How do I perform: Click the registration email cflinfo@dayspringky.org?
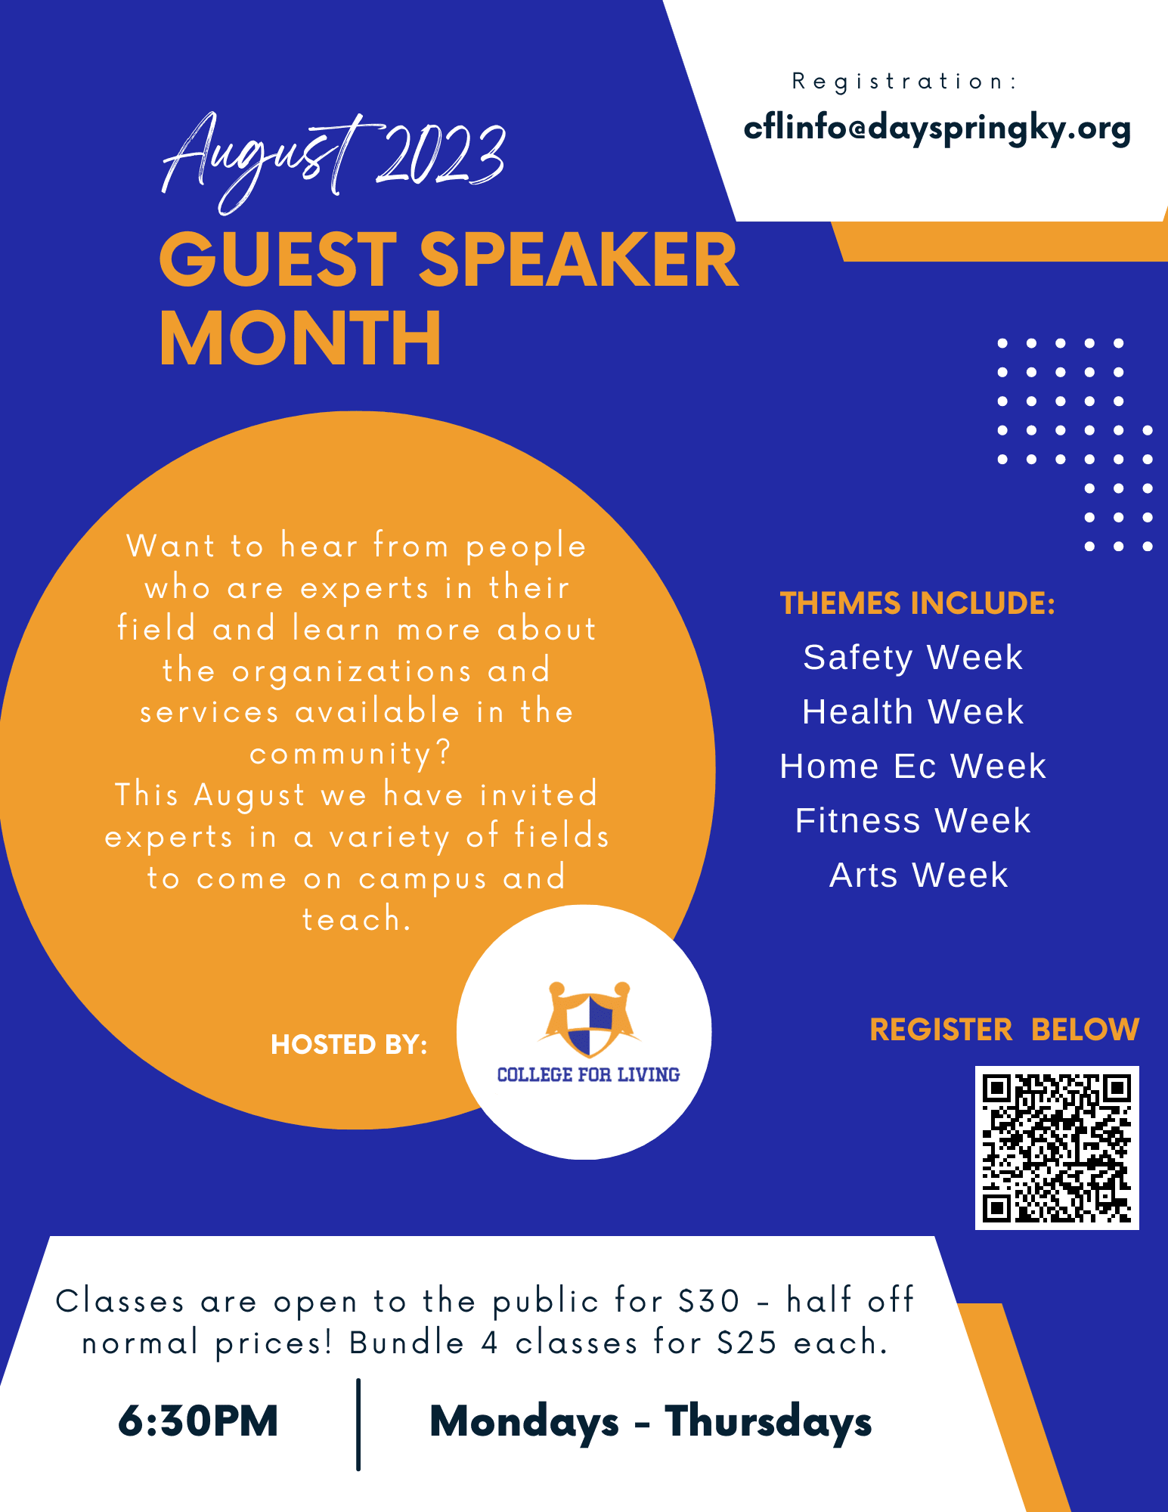pos(937,129)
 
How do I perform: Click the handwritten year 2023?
pos(441,155)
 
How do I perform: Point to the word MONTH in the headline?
pos(300,338)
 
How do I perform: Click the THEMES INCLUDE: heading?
pos(917,603)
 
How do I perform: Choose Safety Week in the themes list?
pos(913,657)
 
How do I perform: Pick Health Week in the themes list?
pos(913,711)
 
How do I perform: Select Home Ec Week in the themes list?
pos(913,766)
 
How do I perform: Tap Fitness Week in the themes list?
pos(913,820)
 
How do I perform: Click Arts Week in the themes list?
pos(919,875)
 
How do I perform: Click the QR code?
pos(1057,1148)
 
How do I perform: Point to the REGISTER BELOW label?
pos(1004,1030)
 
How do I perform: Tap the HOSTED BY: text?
pos(349,1045)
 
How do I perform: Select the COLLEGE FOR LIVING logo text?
pos(588,1074)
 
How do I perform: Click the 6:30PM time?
pos(198,1421)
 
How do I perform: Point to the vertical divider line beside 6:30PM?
pos(358,1424)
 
